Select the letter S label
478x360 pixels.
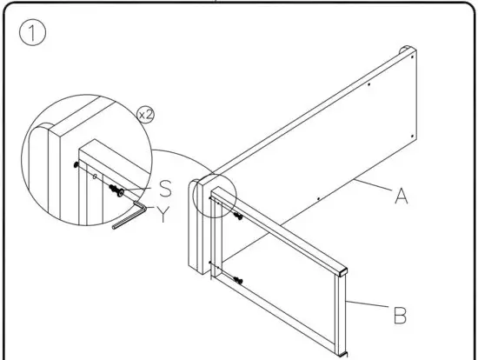coord(164,188)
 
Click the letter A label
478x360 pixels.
coord(401,197)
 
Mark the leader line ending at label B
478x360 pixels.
coord(369,304)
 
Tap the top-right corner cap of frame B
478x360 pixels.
coord(345,270)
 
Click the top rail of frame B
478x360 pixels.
coord(287,235)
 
